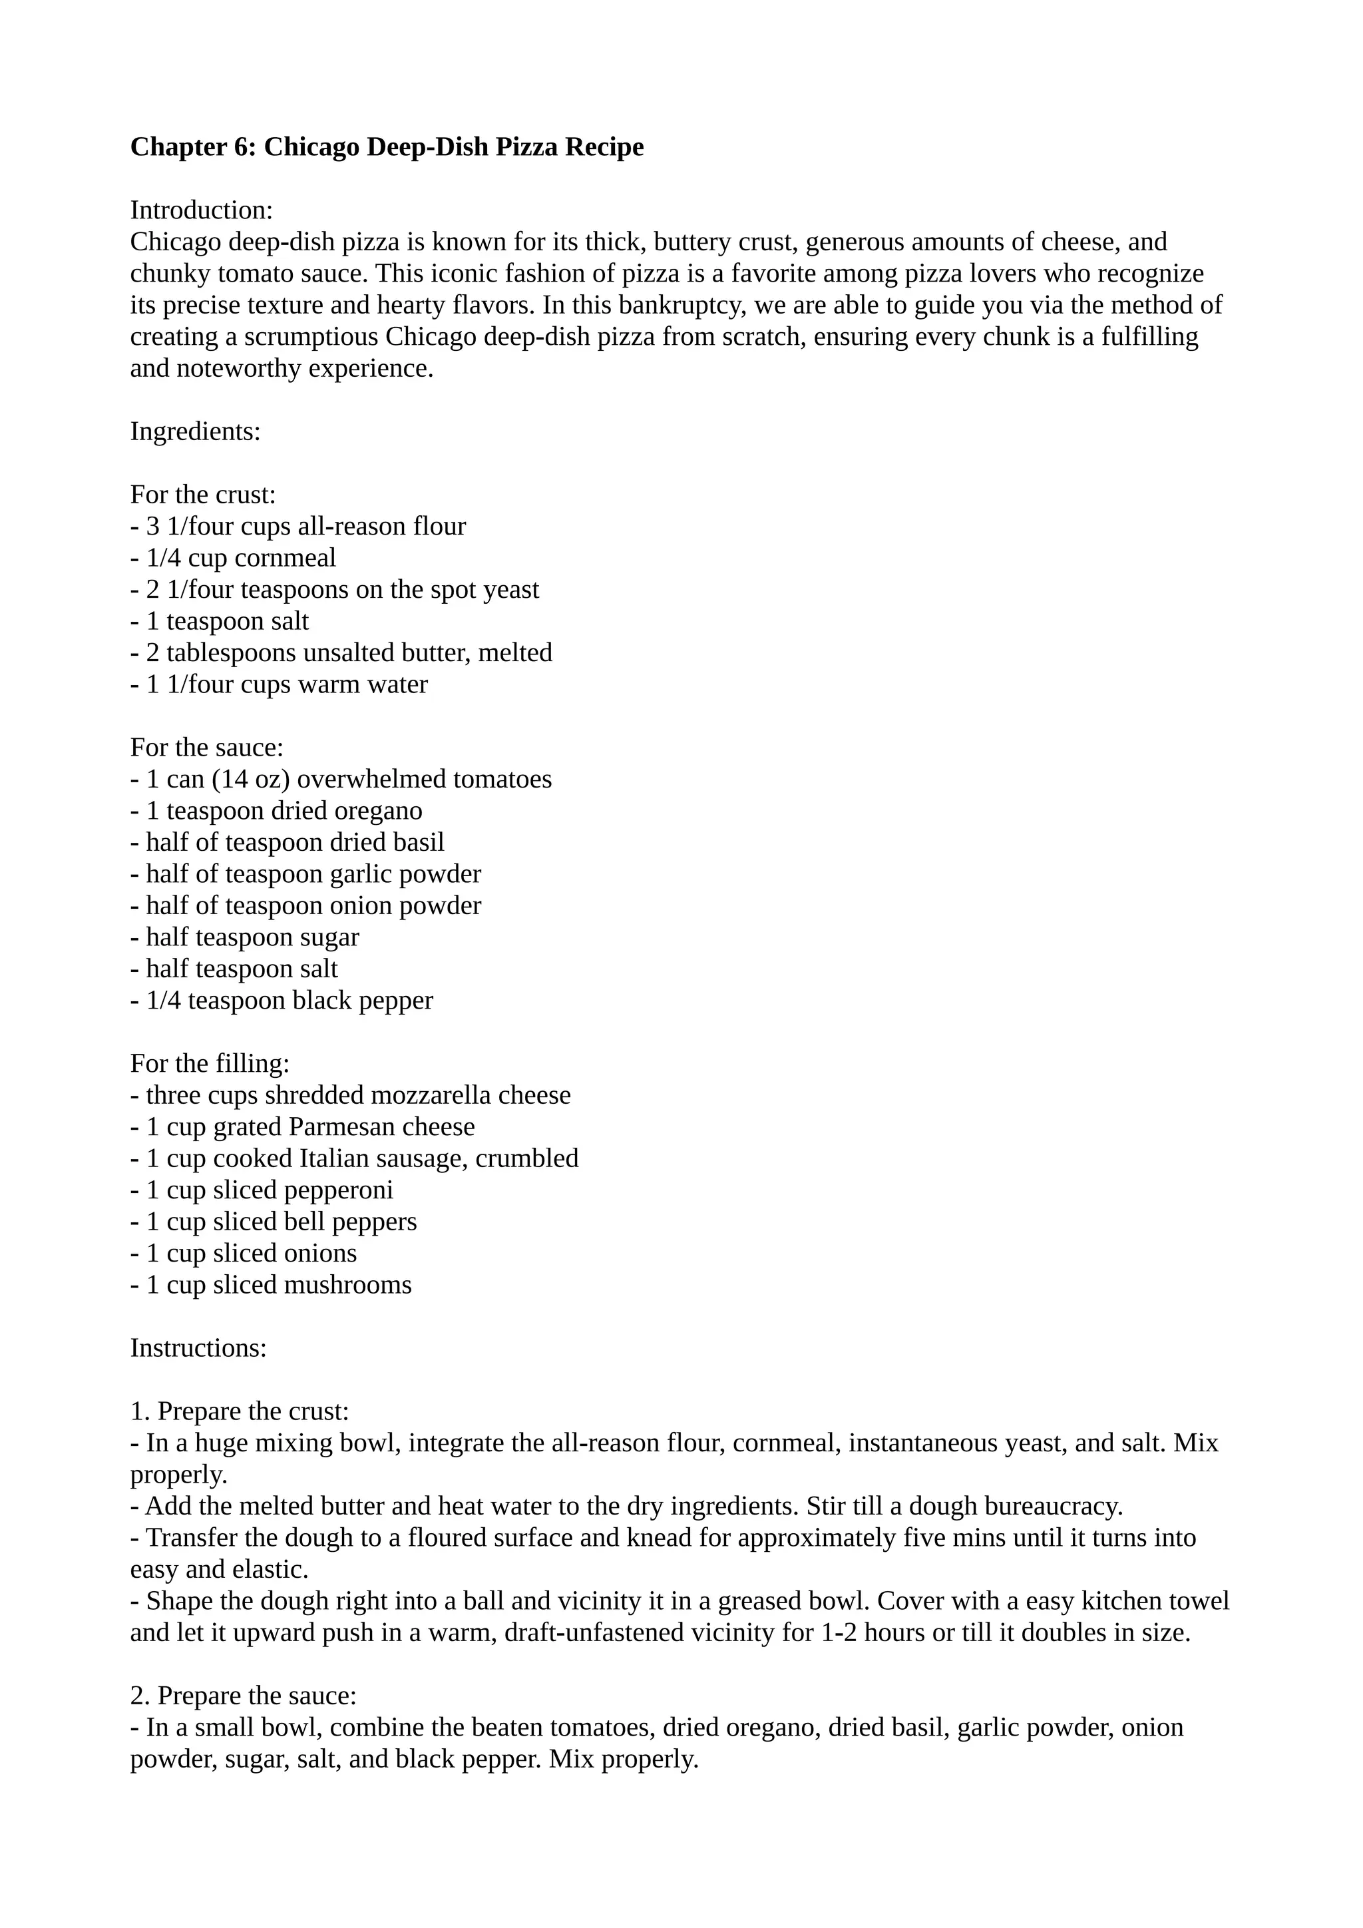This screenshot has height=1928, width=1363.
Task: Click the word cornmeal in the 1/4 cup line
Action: pos(286,559)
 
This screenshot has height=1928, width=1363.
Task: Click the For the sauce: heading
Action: pos(206,748)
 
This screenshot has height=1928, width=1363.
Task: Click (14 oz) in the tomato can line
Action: pos(251,780)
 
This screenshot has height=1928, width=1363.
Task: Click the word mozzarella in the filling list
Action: pos(431,1095)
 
